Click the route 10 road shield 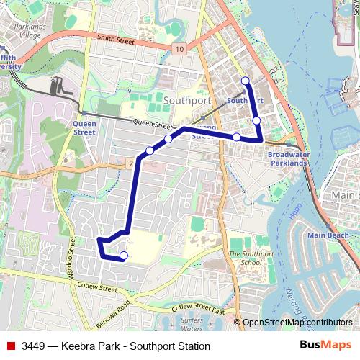[179, 49]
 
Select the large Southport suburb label [187, 101]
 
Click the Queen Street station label [84, 127]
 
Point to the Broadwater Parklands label [287, 158]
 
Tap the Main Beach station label [328, 235]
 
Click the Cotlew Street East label [199, 308]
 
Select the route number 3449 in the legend [34, 346]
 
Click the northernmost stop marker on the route [246, 81]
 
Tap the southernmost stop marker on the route [124, 256]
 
